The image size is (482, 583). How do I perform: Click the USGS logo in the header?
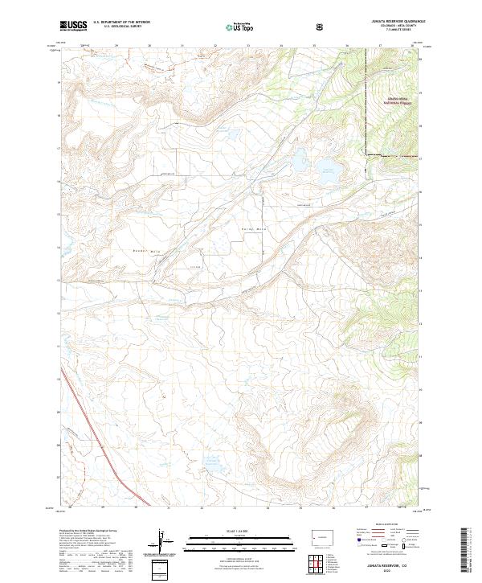[73, 26]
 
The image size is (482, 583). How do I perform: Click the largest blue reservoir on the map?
[327, 168]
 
